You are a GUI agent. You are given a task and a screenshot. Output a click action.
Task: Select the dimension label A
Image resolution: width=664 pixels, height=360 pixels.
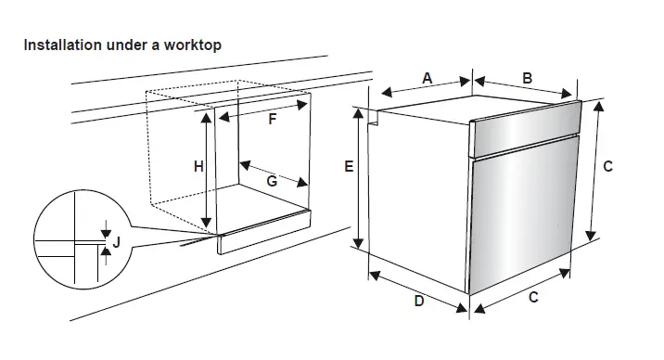pos(428,79)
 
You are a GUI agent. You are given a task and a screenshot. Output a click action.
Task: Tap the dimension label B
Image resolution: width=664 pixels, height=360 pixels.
pos(527,79)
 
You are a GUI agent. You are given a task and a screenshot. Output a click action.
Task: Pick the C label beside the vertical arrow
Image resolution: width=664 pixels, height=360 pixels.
pos(608,167)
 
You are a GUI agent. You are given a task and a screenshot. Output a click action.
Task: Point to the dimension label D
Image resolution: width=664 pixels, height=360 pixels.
pos(418,301)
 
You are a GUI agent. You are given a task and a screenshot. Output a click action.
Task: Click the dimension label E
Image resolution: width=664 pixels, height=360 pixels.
pos(349,168)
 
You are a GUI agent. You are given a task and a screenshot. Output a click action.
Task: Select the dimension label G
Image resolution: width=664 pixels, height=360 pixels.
pos(272,182)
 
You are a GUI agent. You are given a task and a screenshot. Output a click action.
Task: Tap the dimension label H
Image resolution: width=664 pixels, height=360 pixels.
pos(198,167)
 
